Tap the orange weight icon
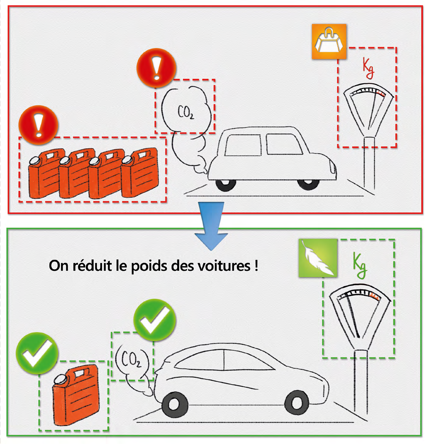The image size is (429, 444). (329, 41)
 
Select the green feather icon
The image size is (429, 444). (318, 259)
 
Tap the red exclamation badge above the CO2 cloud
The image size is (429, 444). (156, 68)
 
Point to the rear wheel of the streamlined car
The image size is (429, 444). (295, 402)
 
